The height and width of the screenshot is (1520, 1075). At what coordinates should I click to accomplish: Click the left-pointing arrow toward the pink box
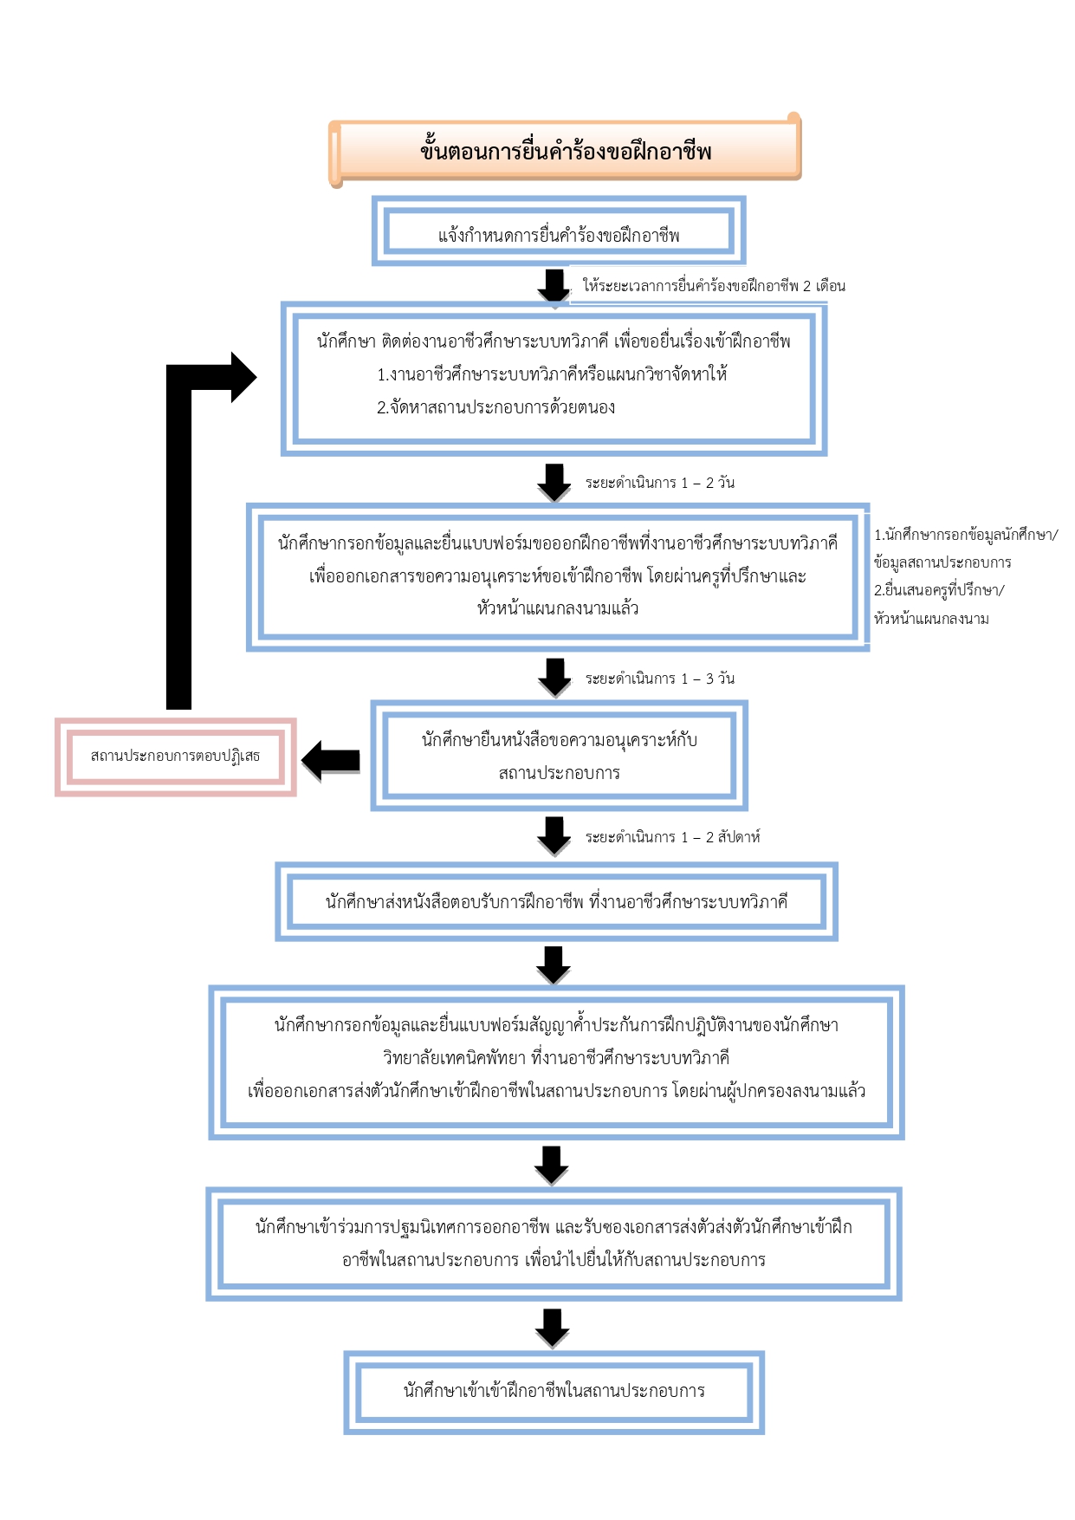[x=331, y=760]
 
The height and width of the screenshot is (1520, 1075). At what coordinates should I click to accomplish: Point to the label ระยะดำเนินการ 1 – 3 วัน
[x=660, y=679]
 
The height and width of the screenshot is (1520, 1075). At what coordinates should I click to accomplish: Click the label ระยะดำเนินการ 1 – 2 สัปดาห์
[x=673, y=837]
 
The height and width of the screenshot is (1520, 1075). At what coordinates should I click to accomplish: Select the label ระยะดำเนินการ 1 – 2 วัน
[x=660, y=483]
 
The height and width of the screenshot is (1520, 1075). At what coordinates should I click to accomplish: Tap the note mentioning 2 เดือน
[x=714, y=286]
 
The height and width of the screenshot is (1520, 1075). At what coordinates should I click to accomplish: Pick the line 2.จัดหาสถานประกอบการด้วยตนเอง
[x=496, y=407]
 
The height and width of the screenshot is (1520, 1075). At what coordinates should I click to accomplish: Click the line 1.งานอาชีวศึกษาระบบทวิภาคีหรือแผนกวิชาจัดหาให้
[x=552, y=374]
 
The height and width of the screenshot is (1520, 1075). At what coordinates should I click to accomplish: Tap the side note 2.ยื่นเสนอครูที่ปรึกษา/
[x=939, y=590]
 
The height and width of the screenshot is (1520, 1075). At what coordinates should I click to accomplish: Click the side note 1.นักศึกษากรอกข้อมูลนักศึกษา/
[x=966, y=535]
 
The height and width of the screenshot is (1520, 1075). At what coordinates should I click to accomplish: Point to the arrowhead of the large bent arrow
[x=243, y=377]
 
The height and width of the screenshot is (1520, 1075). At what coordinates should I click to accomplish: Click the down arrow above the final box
[x=553, y=1328]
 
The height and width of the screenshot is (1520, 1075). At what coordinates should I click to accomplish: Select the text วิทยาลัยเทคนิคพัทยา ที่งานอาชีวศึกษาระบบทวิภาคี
[x=556, y=1058]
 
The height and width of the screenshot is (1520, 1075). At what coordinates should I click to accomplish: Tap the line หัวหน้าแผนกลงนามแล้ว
[x=558, y=608]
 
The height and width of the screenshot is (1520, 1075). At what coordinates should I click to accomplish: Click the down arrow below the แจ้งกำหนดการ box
[x=554, y=285]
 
